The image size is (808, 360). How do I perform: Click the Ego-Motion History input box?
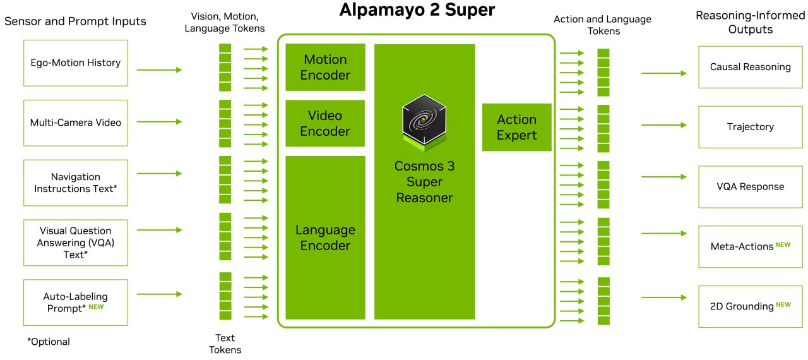(75, 63)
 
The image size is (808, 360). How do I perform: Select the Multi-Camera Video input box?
(75, 123)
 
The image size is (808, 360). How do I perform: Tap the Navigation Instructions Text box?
(75, 183)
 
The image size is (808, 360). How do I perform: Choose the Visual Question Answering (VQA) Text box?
(75, 243)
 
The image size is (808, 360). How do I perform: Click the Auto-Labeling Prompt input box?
(75, 303)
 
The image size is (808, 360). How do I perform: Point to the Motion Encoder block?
(325, 67)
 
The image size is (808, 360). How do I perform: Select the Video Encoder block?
(325, 123)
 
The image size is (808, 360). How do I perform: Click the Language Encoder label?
(325, 237)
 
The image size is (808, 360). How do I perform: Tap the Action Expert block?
(516, 128)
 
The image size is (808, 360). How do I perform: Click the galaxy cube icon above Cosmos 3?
(424, 123)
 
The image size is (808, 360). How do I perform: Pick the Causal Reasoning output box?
(751, 67)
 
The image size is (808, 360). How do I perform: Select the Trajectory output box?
(751, 127)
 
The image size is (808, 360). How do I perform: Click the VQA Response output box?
(751, 187)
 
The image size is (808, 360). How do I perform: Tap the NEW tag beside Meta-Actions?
(783, 245)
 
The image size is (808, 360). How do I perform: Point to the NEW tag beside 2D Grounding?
(783, 305)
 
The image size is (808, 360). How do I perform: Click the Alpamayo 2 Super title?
(417, 9)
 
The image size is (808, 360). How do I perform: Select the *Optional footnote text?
(49, 342)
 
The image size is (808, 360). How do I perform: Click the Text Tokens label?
(225, 344)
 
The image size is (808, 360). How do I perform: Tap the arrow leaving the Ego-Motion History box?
(159, 70)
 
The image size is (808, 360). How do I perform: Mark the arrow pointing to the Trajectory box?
(663, 125)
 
